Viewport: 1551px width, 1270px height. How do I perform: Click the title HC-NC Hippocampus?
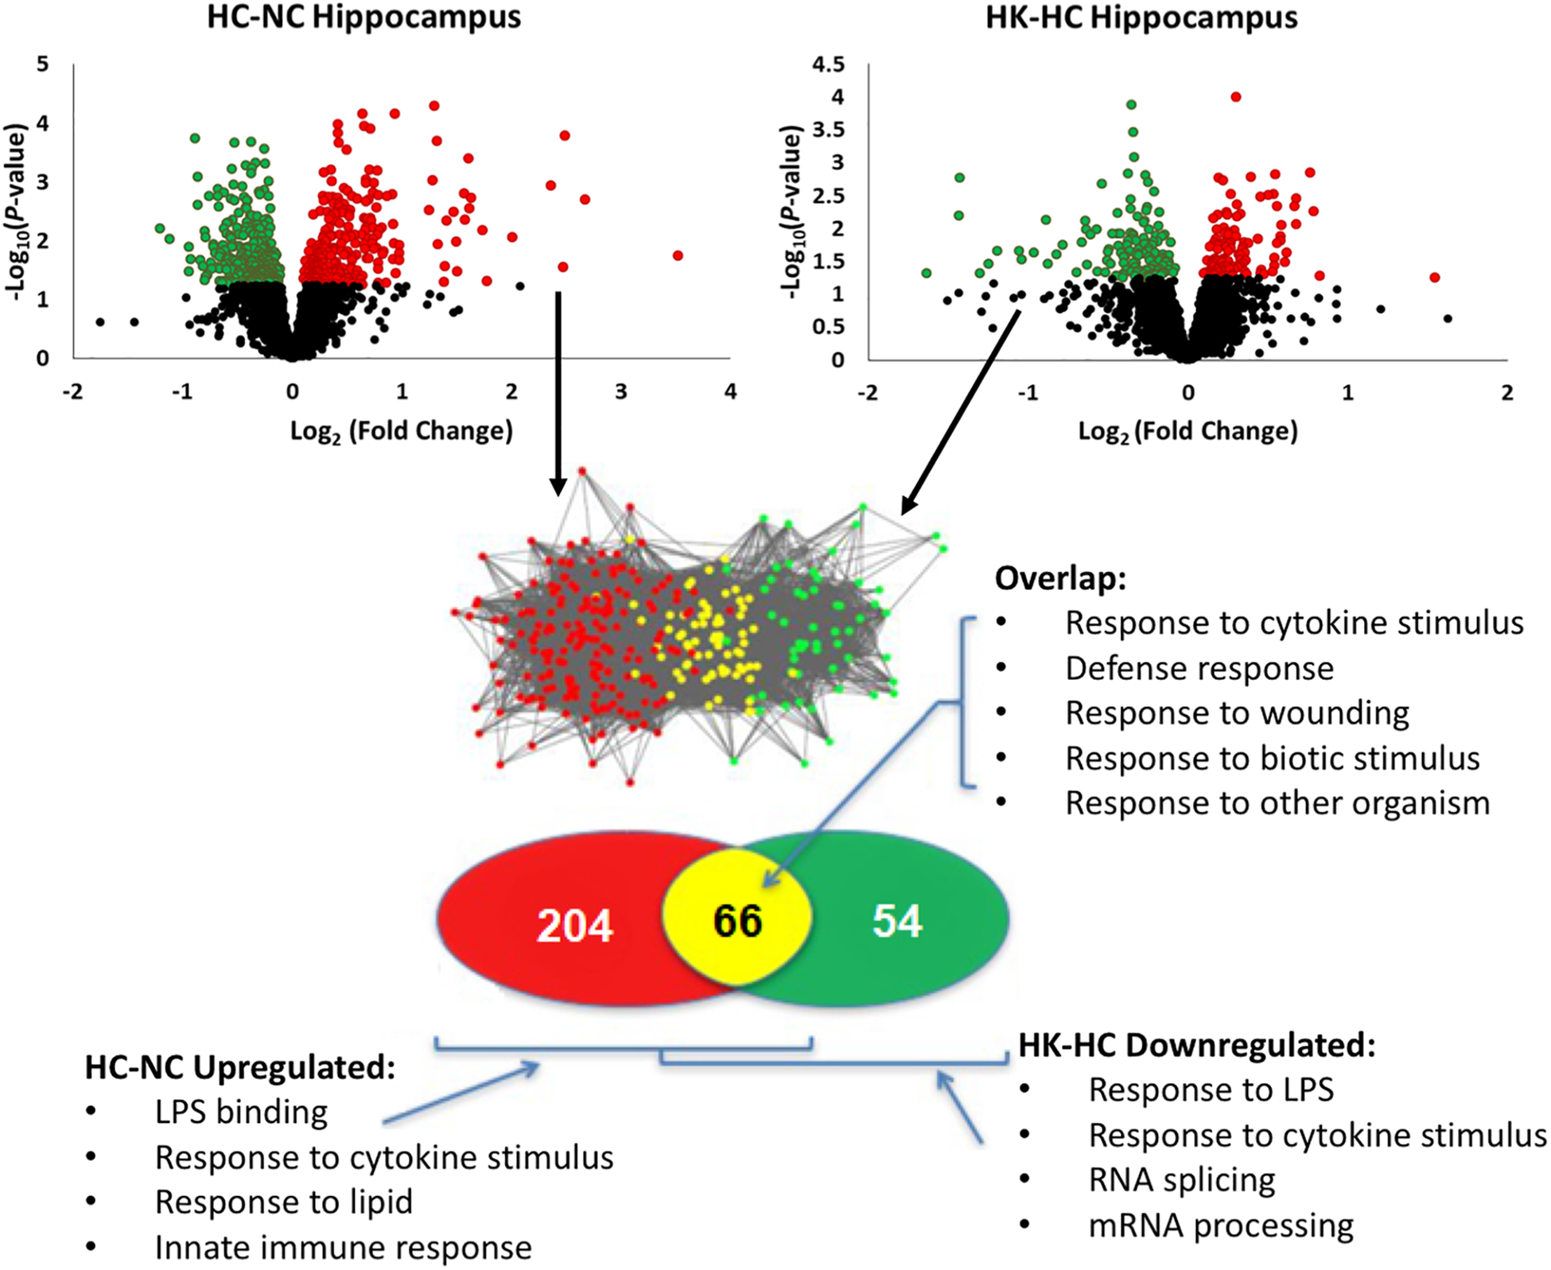tap(363, 17)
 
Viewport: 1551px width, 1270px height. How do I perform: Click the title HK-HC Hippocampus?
tap(1141, 17)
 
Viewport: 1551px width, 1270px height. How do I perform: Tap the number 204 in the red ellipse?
tap(574, 926)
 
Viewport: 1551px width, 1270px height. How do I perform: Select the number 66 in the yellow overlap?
tap(737, 921)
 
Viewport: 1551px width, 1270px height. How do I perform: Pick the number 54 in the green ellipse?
tap(897, 921)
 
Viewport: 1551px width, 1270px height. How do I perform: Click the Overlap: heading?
tap(1060, 578)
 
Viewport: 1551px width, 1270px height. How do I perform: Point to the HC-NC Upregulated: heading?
tap(240, 1067)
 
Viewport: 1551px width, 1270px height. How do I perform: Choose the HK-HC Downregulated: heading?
tap(1197, 1045)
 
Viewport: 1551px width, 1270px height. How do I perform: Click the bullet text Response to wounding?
tap(1237, 713)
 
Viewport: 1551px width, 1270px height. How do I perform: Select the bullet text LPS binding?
tap(241, 1113)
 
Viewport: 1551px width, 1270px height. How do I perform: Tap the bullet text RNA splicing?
tap(1182, 1180)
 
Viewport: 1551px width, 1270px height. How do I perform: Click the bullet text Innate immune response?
tap(343, 1248)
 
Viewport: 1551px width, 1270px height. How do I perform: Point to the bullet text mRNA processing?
tap(1221, 1225)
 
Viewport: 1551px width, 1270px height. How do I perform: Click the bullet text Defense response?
tap(1199, 669)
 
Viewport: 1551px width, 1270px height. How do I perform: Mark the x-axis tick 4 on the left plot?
tap(730, 392)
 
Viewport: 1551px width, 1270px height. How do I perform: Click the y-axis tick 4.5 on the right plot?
tap(828, 64)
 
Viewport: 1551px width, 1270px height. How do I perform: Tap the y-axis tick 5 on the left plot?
tap(43, 64)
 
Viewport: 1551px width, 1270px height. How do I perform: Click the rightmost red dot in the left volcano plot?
tap(678, 255)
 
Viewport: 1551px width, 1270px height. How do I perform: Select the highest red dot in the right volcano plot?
tap(1235, 97)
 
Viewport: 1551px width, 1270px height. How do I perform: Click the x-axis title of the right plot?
tap(1188, 431)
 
